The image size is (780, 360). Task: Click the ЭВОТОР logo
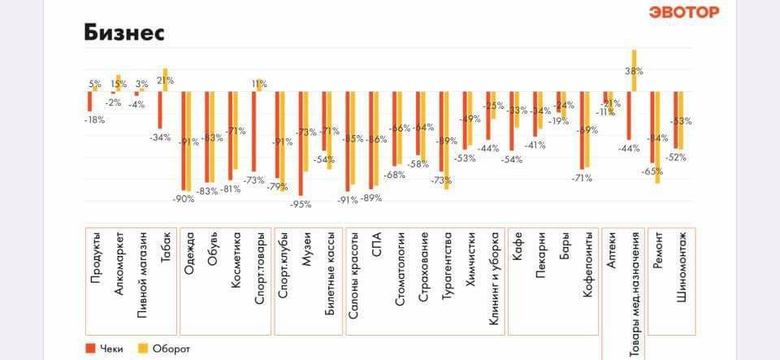(684, 12)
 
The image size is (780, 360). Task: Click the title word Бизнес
(124, 33)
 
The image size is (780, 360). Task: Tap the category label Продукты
(97, 258)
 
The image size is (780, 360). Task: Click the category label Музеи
(307, 248)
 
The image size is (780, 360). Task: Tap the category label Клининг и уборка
(494, 279)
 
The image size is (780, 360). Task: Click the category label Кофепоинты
(588, 266)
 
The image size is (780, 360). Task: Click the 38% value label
(634, 71)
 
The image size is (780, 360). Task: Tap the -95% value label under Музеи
(301, 204)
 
